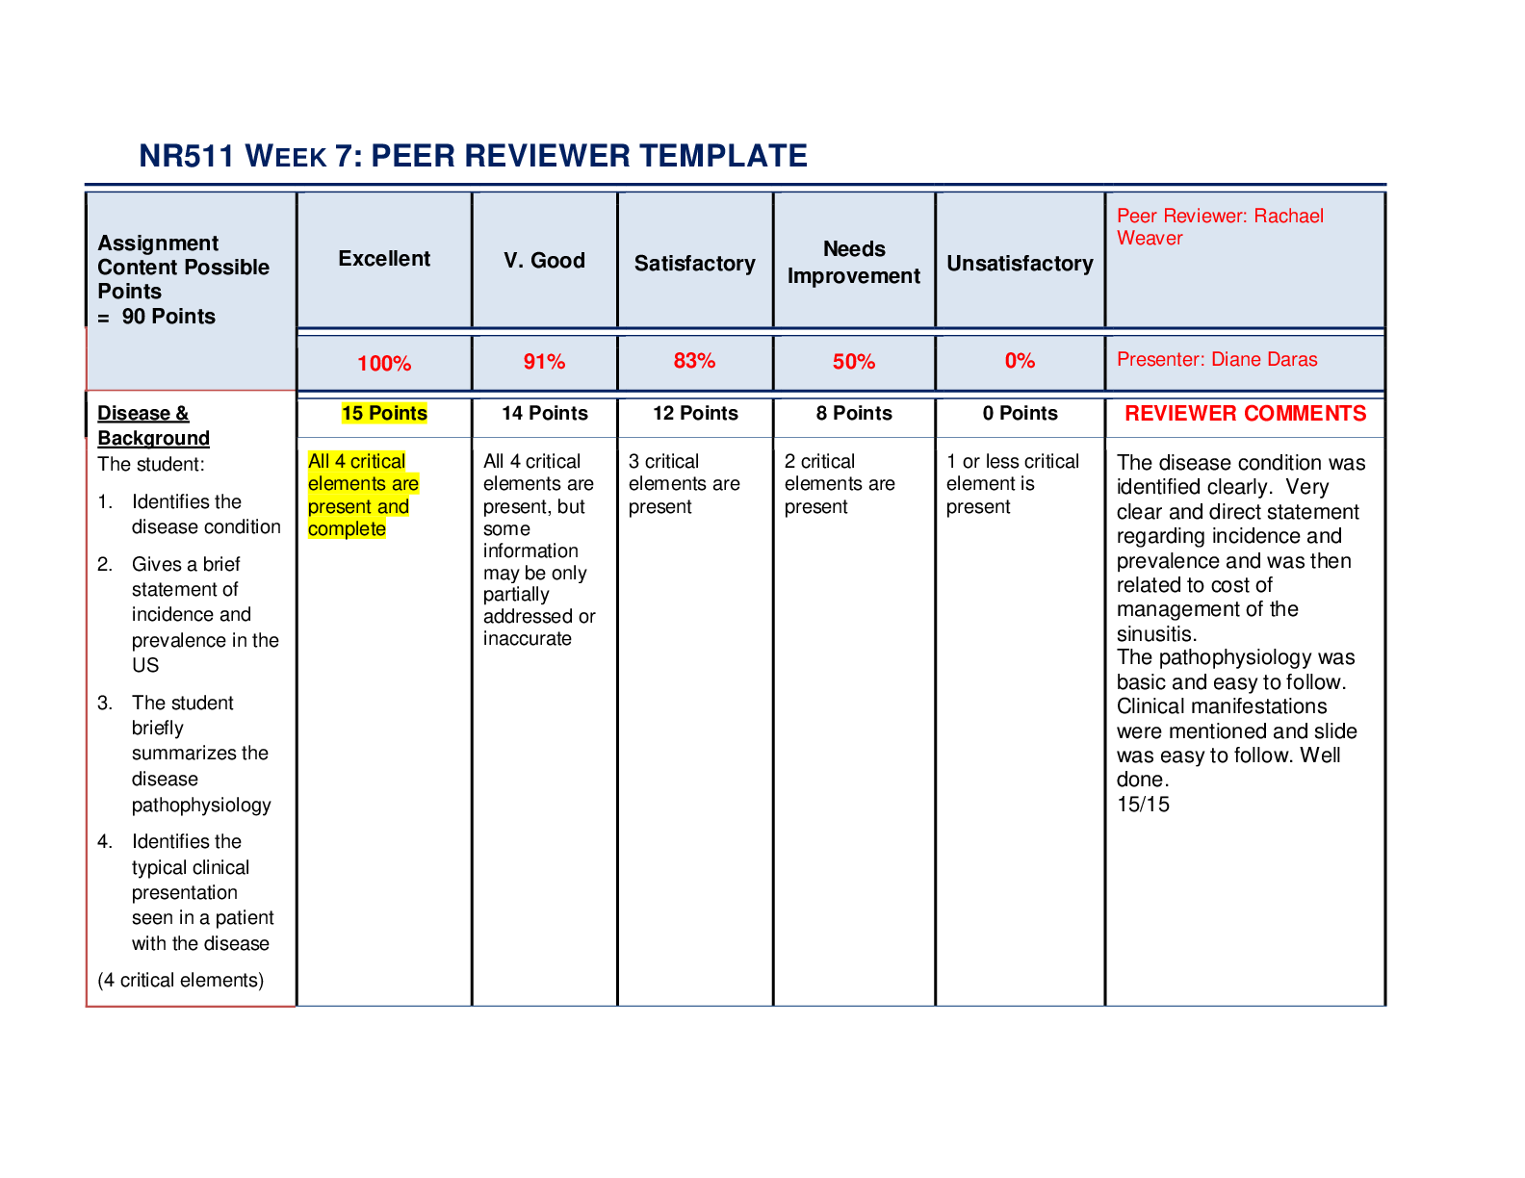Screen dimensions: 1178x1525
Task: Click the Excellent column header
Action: (384, 258)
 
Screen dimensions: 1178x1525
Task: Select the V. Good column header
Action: (544, 260)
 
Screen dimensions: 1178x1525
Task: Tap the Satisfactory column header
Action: (694, 263)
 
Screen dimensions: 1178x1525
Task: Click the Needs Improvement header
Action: (853, 262)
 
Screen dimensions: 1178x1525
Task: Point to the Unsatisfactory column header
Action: (1020, 263)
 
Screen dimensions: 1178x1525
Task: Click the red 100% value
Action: (384, 363)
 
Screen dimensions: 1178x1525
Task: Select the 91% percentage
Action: (544, 361)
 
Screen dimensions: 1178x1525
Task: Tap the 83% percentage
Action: (694, 360)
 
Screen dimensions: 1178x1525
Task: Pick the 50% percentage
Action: (853, 361)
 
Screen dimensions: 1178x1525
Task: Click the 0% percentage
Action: (1020, 360)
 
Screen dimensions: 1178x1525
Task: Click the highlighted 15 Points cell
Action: (384, 413)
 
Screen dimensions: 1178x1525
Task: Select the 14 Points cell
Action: (544, 413)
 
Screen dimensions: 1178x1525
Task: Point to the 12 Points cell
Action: (695, 413)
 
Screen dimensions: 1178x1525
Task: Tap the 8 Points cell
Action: (854, 413)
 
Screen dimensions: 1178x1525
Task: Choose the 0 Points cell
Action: (1020, 413)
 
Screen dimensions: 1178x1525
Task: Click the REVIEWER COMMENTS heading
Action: (1245, 413)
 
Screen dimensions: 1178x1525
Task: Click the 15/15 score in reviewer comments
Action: (1143, 805)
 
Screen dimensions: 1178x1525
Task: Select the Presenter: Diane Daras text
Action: (1217, 359)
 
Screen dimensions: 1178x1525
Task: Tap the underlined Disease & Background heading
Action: (153, 425)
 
